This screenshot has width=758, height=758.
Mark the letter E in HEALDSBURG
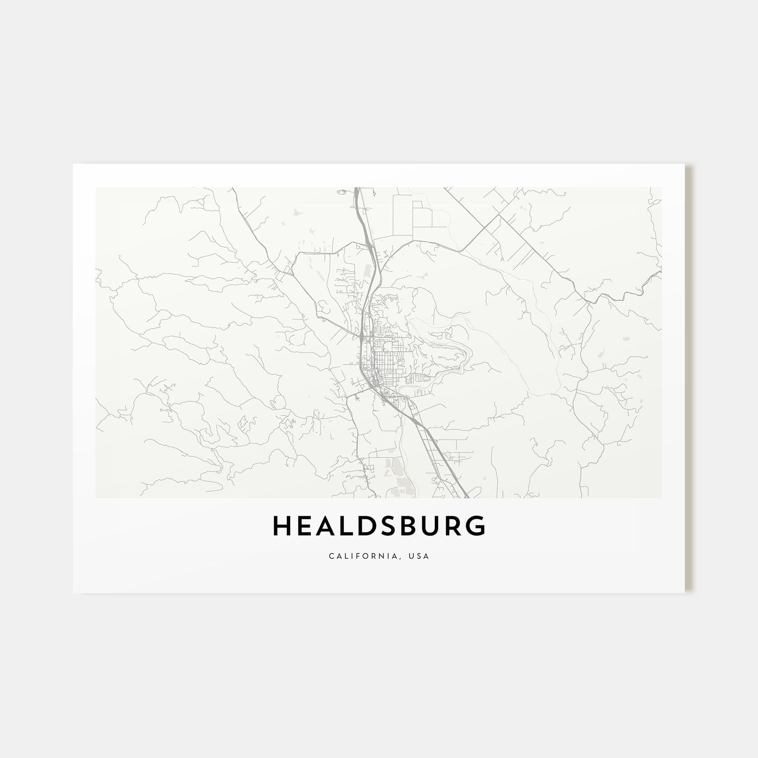click(x=305, y=526)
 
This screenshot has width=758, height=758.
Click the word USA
click(x=421, y=556)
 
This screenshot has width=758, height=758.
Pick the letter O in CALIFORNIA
click(x=370, y=556)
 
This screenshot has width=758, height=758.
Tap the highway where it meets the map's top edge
click(x=357, y=190)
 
